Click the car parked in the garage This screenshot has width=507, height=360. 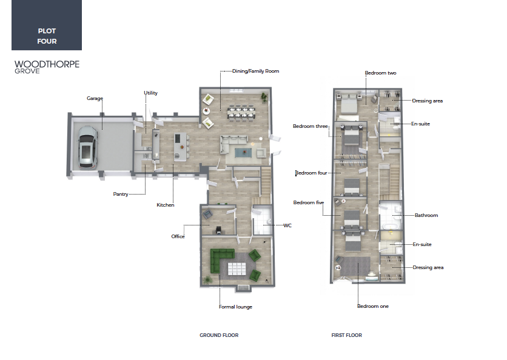click(x=87, y=148)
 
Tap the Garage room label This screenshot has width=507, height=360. click(x=95, y=98)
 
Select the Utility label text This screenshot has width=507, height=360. click(x=150, y=93)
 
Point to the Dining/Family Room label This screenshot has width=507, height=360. click(x=255, y=71)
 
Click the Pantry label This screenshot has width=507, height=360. click(x=121, y=194)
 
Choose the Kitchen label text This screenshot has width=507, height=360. click(x=165, y=205)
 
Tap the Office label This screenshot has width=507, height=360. click(x=178, y=236)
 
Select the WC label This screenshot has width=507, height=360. click(x=287, y=225)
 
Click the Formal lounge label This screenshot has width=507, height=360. click(x=235, y=307)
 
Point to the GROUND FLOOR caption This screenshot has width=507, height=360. click(x=219, y=335)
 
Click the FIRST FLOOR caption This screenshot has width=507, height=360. click(x=347, y=335)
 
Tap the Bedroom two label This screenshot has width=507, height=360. click(x=381, y=73)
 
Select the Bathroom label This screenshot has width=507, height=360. click(x=426, y=215)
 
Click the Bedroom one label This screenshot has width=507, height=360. click(x=373, y=306)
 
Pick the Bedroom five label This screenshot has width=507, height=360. click(x=309, y=202)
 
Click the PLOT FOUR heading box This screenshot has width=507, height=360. click(x=47, y=25)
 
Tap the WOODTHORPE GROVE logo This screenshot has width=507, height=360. click(x=47, y=67)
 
